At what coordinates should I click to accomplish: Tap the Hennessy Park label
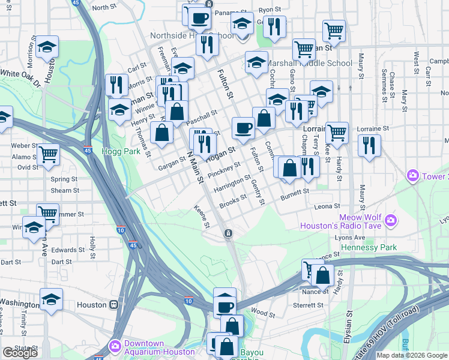point(369,247)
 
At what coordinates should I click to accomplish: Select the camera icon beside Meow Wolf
point(391,220)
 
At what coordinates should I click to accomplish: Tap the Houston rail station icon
point(114,304)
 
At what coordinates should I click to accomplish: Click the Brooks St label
point(234,201)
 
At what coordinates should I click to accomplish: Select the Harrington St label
point(232,184)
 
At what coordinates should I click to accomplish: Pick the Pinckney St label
point(224,169)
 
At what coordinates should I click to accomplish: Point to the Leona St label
point(327,206)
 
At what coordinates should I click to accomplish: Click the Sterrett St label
point(308,305)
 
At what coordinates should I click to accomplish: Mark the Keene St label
point(202,217)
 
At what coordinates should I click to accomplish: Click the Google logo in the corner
point(20,353)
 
